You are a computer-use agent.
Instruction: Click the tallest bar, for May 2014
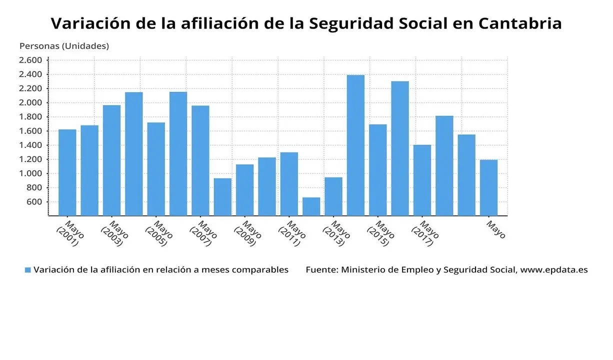(x=355, y=145)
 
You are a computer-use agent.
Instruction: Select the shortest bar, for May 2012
(x=311, y=206)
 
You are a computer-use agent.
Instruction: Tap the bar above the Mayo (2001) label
(x=67, y=172)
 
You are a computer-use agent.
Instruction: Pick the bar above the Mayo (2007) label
(x=200, y=160)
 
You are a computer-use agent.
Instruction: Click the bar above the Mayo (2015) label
(x=377, y=170)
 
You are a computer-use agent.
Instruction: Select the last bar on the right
(x=488, y=187)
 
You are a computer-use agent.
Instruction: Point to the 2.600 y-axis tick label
(x=30, y=60)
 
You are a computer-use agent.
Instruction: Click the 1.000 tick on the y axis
(x=30, y=173)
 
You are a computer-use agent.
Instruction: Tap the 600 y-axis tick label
(x=34, y=202)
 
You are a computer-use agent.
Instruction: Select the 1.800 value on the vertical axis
(x=30, y=117)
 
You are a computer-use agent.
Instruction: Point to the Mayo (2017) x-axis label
(x=425, y=233)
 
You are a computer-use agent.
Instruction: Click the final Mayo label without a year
(x=496, y=229)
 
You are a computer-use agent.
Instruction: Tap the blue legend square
(x=28, y=270)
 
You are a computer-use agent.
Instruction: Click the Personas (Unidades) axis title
(x=64, y=46)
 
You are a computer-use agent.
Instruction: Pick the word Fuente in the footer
(x=321, y=269)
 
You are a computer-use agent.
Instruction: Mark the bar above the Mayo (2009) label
(x=244, y=190)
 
